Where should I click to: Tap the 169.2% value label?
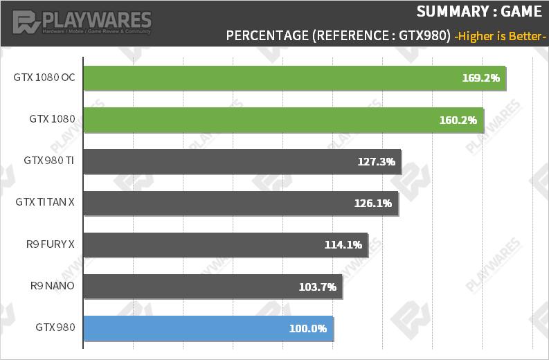[x=480, y=78]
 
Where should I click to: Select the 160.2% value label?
[x=458, y=120]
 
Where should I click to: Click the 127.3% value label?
[x=377, y=161]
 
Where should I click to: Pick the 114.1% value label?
[x=343, y=244]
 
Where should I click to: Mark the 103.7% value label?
[x=318, y=286]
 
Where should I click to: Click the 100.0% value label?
[x=307, y=328]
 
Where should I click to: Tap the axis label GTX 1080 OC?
[x=44, y=78]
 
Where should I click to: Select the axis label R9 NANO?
[x=53, y=285]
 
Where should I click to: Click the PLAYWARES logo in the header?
[x=82, y=22]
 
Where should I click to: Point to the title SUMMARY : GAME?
[x=478, y=12]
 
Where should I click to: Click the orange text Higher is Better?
[x=500, y=36]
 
